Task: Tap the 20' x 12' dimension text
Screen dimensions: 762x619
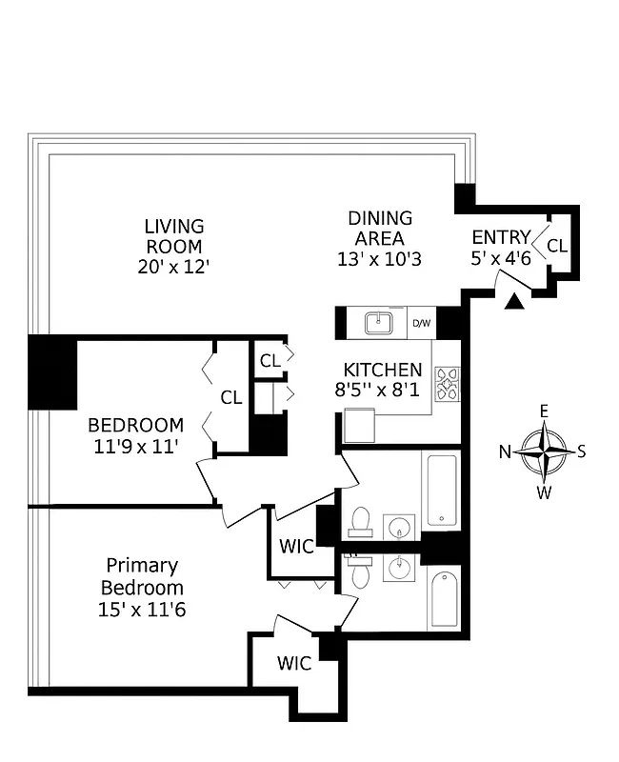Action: click(174, 267)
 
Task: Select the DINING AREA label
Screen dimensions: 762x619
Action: click(380, 228)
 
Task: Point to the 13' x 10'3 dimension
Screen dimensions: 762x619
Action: click(379, 259)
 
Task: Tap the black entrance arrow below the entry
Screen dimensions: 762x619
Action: click(514, 302)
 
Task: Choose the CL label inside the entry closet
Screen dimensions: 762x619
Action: click(557, 246)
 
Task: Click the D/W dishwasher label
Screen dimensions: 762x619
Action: click(421, 324)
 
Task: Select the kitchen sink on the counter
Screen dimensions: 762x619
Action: click(380, 322)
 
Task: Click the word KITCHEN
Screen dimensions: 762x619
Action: click(382, 370)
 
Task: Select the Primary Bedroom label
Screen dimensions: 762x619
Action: click(143, 576)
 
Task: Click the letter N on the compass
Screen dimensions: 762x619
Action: click(506, 451)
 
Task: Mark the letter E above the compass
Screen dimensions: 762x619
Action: click(545, 411)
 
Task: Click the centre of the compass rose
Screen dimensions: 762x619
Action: click(545, 451)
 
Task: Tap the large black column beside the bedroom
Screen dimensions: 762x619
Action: click(52, 372)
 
